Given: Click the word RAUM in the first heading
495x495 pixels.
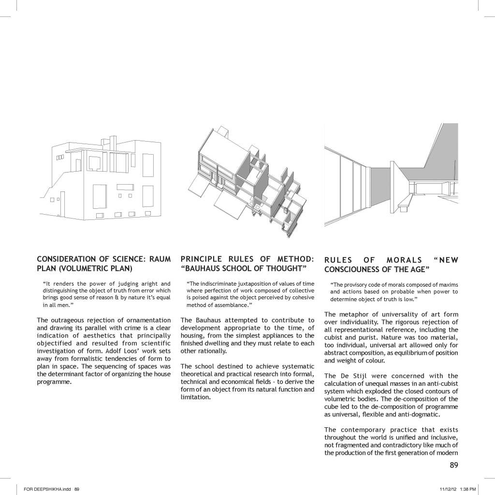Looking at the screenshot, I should pos(160,259).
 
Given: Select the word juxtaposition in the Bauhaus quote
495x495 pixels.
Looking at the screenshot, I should pos(243,283).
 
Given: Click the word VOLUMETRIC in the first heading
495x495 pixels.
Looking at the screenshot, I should pos(81,268).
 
